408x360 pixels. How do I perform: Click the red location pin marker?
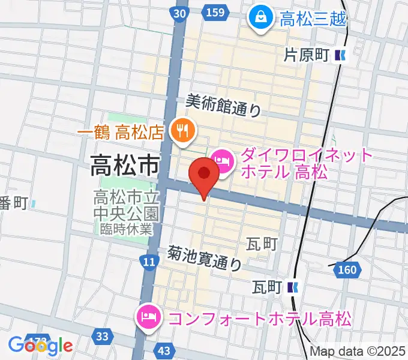point(204,175)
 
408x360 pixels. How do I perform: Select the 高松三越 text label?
point(313,19)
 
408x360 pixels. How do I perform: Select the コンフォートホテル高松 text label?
point(260,317)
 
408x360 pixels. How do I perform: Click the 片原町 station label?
point(306,56)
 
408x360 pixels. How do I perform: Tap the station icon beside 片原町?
point(341,56)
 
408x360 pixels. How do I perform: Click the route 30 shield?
point(179,13)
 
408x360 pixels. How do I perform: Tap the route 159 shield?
point(217,13)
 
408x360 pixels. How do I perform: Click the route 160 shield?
point(347,271)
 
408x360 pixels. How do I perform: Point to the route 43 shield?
point(166,350)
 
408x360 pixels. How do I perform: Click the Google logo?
point(40,345)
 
